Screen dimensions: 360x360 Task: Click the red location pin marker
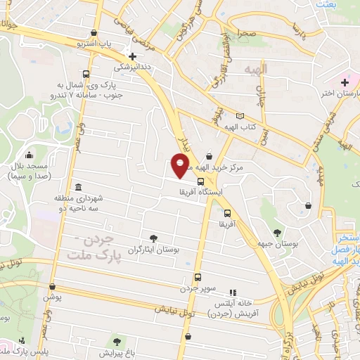(x=181, y=165)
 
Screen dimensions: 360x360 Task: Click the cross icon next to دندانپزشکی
(x=131, y=56)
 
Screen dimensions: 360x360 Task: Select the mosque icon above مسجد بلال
(x=29, y=155)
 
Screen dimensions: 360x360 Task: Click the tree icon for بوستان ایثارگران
(x=154, y=239)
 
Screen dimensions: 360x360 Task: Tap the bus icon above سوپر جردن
(x=198, y=277)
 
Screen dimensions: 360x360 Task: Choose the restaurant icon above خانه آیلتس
(x=233, y=292)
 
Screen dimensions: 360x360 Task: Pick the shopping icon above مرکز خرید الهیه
(x=209, y=157)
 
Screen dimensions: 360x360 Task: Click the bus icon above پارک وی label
(x=86, y=74)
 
